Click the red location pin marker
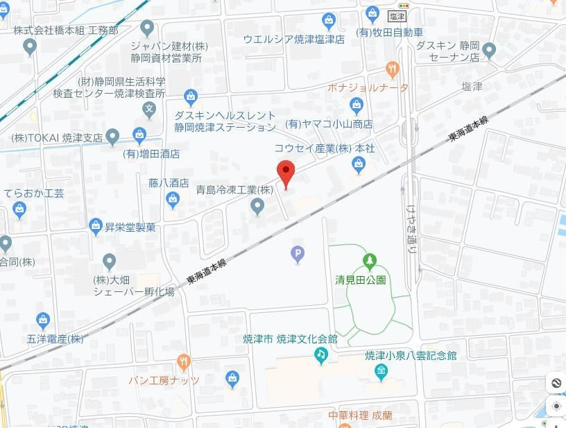[286, 171]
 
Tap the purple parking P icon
[298, 256]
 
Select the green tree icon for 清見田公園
[369, 262]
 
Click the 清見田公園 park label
[360, 280]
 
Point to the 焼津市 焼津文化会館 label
[290, 339]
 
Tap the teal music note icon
[320, 355]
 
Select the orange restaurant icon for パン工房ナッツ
[183, 362]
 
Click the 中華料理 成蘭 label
[360, 416]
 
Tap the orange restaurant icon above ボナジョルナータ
[393, 69]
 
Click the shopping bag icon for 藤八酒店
[173, 200]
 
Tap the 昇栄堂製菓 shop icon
[96, 226]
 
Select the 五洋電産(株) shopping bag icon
[43, 320]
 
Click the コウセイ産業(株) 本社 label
[325, 148]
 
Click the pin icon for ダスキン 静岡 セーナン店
[489, 50]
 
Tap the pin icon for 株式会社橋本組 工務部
[29, 47]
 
